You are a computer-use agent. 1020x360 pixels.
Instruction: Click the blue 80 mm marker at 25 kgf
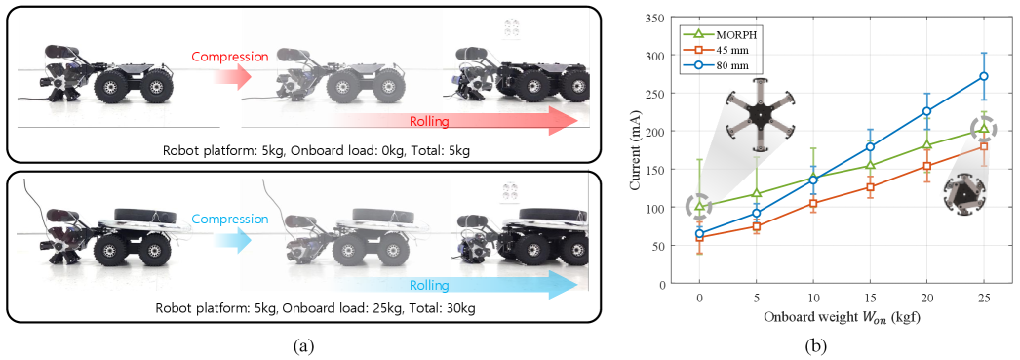[x=984, y=76]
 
